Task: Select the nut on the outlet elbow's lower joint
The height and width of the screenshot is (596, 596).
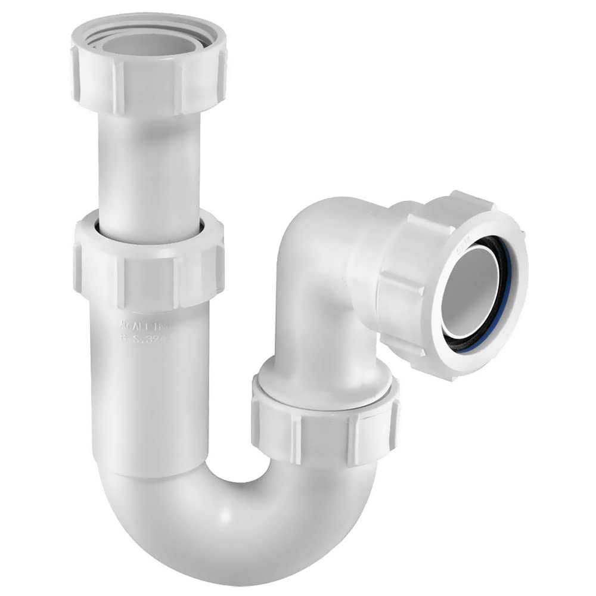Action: (x=325, y=417)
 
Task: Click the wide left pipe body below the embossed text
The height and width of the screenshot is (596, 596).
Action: (x=149, y=405)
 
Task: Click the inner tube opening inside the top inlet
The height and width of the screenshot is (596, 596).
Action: (x=149, y=43)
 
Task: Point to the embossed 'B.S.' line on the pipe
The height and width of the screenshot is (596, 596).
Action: (x=145, y=338)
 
